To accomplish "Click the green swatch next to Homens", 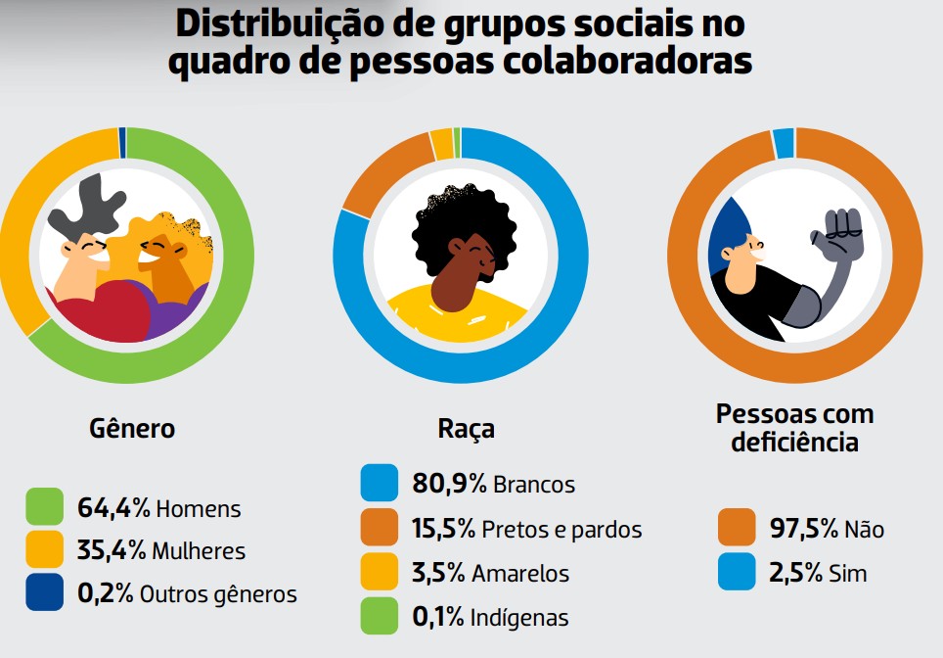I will click(x=45, y=507).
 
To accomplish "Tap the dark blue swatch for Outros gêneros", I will click(x=45, y=592).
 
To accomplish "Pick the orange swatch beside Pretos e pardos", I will click(x=380, y=529).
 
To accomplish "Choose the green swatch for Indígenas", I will click(x=380, y=616).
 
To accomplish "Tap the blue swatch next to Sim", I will click(x=737, y=572).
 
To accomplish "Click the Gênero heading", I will click(x=132, y=429).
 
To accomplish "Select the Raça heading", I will click(x=466, y=429).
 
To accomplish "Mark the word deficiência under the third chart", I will click(x=794, y=442).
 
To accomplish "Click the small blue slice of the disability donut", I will click(x=784, y=143).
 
